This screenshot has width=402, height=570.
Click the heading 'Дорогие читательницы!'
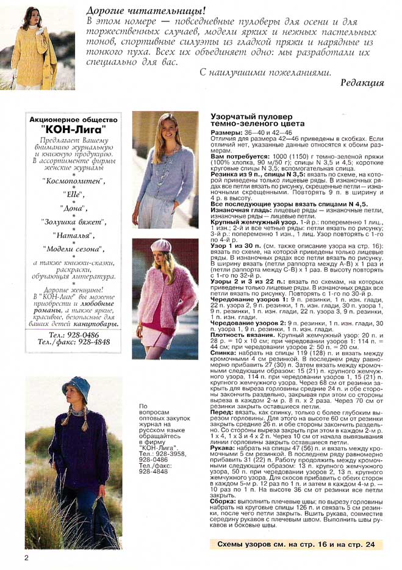(x=145, y=10)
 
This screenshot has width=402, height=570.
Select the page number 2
(x=26, y=558)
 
